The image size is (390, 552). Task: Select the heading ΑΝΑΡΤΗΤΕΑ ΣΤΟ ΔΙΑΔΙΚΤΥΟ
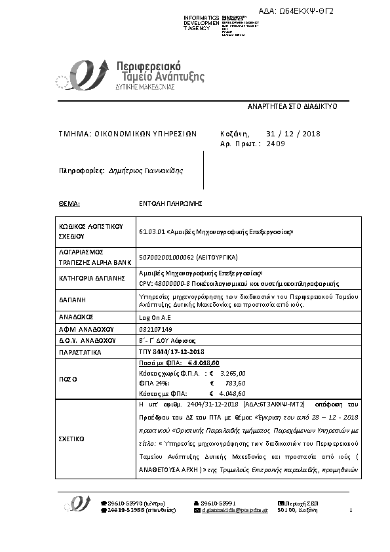tap(292, 105)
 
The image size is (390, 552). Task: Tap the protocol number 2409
tap(276, 142)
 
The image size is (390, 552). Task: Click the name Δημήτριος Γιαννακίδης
tap(146, 170)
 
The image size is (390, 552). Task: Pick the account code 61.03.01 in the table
tap(151, 232)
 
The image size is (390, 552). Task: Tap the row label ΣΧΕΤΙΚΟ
tap(71, 437)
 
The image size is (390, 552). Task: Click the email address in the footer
tap(237, 509)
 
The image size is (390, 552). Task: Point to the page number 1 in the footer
tap(351, 509)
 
